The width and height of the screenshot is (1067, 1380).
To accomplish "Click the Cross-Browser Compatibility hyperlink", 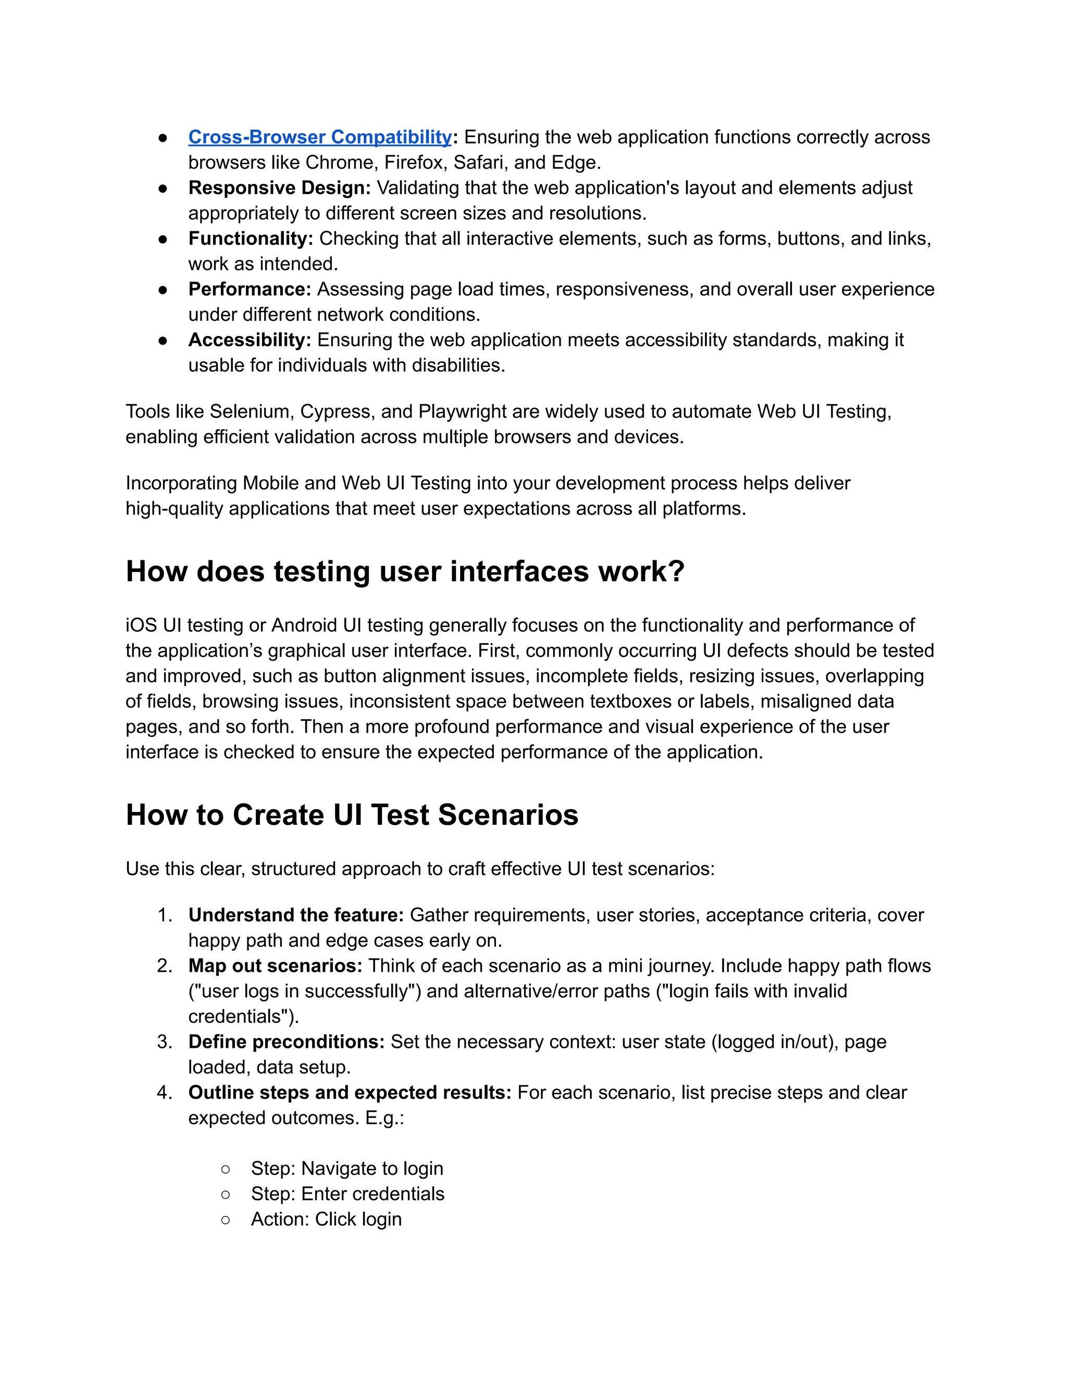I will point(320,137).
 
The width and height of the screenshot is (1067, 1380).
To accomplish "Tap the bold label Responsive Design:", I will point(279,187).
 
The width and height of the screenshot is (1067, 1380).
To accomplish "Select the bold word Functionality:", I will point(250,238).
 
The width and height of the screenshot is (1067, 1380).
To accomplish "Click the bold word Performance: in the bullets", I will point(250,289).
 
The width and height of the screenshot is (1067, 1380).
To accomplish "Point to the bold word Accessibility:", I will point(250,340).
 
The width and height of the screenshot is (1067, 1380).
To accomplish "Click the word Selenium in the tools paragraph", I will point(250,411).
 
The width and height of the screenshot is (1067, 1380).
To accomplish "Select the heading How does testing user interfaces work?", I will point(404,571).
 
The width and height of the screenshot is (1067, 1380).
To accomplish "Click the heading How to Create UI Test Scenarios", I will point(352,814).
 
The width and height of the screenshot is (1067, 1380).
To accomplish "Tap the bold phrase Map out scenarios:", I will point(275,965).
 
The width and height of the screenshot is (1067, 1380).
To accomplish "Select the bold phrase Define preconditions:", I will point(287,1042).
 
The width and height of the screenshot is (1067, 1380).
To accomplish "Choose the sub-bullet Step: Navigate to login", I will point(346,1169).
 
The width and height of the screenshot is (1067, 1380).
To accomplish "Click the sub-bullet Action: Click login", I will point(326,1219).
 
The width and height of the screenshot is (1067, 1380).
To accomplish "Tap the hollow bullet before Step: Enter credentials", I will point(226,1194).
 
